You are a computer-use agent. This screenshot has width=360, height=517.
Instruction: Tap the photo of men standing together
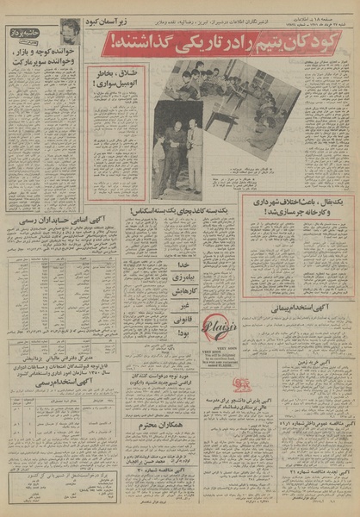click(177, 160)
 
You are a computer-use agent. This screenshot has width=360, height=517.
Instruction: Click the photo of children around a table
click(226, 102)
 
